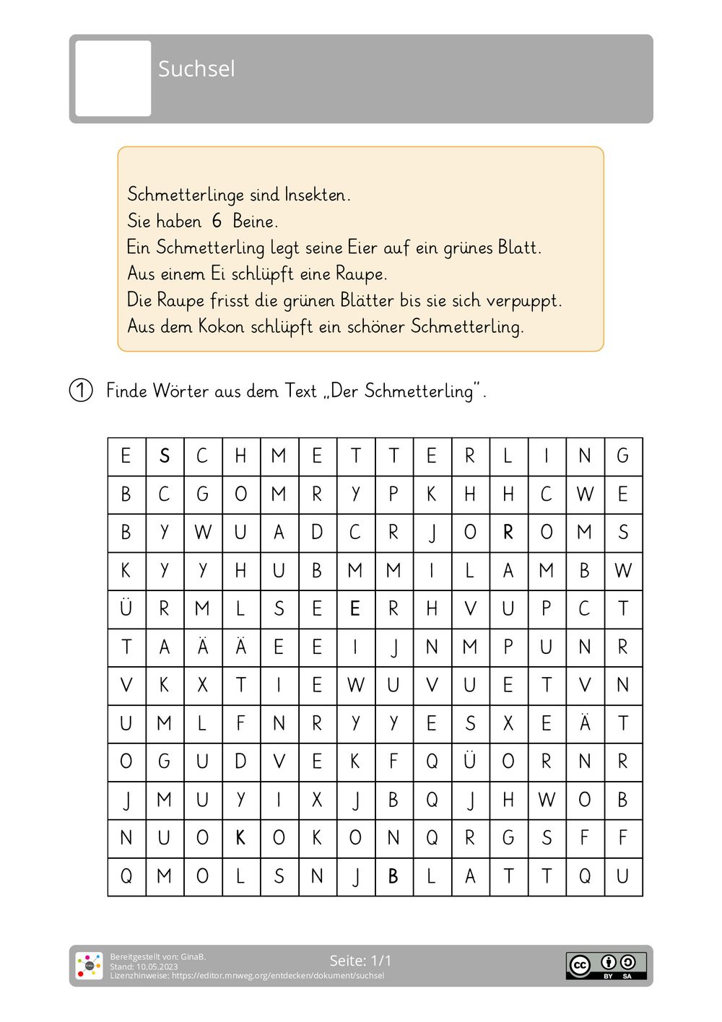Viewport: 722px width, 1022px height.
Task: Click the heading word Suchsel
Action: click(196, 69)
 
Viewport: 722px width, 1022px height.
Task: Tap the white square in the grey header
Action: click(113, 79)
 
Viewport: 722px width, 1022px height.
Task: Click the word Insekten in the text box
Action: click(317, 195)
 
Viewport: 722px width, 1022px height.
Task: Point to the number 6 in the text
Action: click(217, 221)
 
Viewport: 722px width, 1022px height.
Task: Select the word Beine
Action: click(255, 221)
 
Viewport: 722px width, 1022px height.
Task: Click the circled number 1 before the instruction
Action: click(81, 390)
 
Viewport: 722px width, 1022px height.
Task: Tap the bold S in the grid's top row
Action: click(165, 456)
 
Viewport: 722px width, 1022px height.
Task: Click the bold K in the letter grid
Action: click(241, 838)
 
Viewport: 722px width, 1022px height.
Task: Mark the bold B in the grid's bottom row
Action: click(393, 876)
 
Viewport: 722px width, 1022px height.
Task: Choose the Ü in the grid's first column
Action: click(126, 608)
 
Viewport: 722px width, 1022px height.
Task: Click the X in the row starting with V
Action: click(203, 685)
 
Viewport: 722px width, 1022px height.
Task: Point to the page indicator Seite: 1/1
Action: click(360, 961)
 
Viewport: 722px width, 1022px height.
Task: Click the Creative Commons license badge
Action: click(606, 966)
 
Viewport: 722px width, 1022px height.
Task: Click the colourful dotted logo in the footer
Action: click(90, 966)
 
